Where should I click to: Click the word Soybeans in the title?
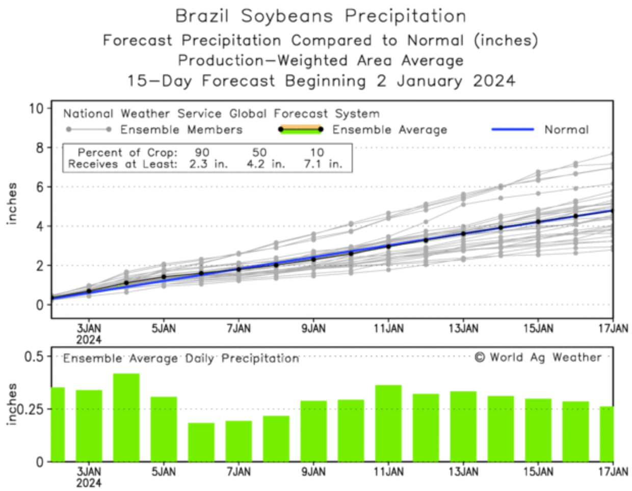click(x=288, y=16)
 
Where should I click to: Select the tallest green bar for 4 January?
click(x=126, y=418)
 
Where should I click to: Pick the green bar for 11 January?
click(x=388, y=423)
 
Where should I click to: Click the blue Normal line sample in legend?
click(x=512, y=129)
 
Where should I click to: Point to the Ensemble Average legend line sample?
click(x=301, y=129)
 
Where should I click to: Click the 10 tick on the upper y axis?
click(x=39, y=108)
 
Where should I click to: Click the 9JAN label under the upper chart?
click(x=313, y=329)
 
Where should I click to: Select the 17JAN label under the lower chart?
click(x=612, y=472)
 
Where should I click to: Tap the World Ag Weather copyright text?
click(x=538, y=358)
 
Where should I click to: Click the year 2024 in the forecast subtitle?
click(x=494, y=81)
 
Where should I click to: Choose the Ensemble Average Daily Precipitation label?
click(x=181, y=359)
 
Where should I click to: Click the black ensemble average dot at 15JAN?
click(x=538, y=222)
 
